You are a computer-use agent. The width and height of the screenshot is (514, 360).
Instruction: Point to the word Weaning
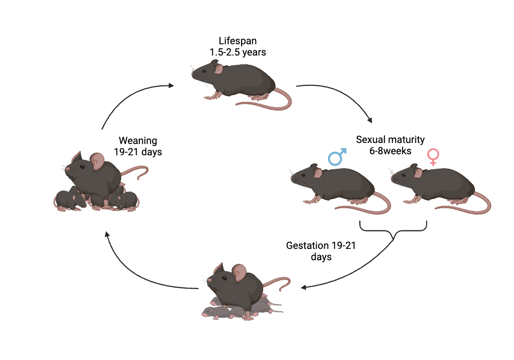click(138, 140)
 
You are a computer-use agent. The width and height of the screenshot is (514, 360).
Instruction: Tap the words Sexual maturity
click(390, 139)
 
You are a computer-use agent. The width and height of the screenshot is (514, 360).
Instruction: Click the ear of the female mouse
click(418, 173)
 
